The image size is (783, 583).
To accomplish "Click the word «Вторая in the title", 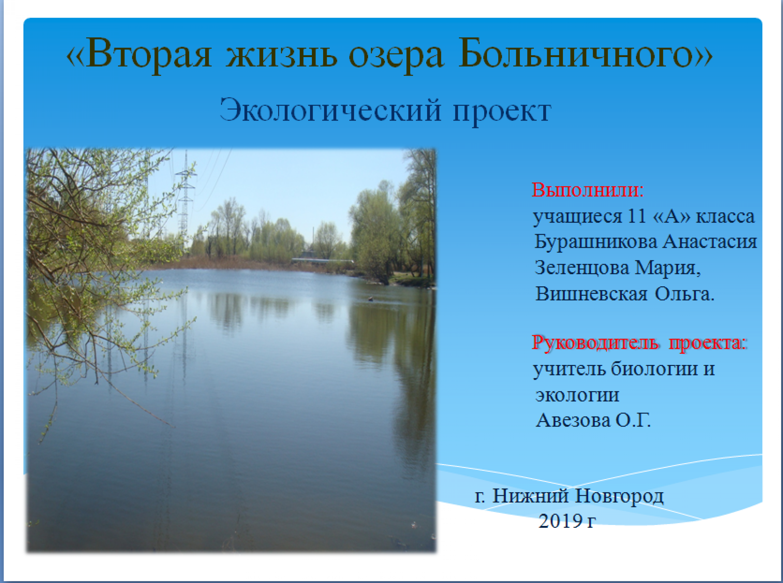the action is pyautogui.click(x=139, y=53).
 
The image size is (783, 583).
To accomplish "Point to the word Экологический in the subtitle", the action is pyautogui.click(x=330, y=111).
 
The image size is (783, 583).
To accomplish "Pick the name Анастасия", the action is pyautogui.click(x=709, y=242).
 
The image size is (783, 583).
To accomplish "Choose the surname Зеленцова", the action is pyautogui.click(x=582, y=268).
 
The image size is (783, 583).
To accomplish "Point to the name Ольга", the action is pyautogui.click(x=685, y=294).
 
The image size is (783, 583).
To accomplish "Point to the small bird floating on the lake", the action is pyautogui.click(x=371, y=299).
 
